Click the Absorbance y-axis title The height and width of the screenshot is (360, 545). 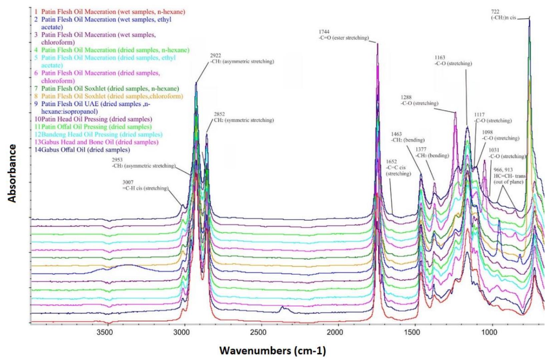[x=12, y=173]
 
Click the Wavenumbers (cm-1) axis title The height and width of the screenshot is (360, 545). [x=272, y=351]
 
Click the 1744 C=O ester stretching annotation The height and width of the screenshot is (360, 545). [x=344, y=35]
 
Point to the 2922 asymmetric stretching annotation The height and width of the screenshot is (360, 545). [x=242, y=59]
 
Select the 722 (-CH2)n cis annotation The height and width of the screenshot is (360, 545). [x=503, y=15]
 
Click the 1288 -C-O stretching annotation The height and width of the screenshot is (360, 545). [x=419, y=100]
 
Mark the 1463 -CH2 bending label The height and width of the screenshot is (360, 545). [x=408, y=137]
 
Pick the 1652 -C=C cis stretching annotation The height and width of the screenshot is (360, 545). [x=398, y=168]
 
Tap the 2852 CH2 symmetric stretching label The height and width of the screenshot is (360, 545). [x=243, y=117]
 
